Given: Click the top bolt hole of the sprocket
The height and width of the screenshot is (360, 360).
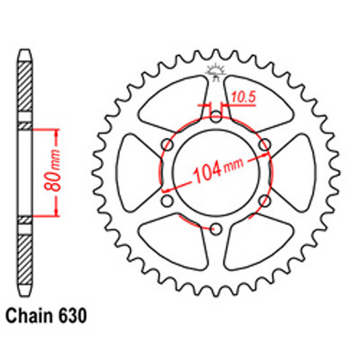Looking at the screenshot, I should coord(215,115).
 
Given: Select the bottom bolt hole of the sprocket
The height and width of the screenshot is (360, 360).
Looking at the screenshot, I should coord(215,230).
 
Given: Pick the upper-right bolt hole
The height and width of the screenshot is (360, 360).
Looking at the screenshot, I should coord(265,145).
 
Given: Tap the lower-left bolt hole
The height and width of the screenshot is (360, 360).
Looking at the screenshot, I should coord(166,202).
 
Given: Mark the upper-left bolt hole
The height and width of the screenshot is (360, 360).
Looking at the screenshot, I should coord(166,145).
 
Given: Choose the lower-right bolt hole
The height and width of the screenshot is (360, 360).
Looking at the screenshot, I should coord(265,202).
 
